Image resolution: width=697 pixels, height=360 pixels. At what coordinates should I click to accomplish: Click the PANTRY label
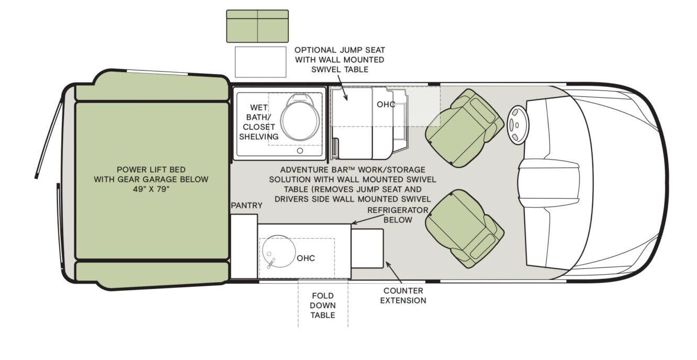point(246,206)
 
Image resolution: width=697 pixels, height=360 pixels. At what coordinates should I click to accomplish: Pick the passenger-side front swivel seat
point(464,229)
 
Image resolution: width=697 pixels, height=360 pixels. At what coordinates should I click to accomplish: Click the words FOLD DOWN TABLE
point(322,306)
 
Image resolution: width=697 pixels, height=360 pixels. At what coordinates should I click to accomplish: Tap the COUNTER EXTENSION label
point(403,296)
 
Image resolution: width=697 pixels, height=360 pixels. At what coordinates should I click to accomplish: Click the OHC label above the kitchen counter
point(306,258)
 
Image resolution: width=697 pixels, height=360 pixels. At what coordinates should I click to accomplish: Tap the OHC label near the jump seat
point(386,104)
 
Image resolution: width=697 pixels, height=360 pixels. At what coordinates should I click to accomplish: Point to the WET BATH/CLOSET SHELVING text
point(258,122)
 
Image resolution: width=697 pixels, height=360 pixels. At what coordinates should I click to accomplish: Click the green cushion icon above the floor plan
point(257,26)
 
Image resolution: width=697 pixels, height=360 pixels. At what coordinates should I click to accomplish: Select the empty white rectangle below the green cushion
point(261,62)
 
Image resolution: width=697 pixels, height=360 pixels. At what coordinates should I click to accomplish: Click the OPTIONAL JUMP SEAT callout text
point(340,60)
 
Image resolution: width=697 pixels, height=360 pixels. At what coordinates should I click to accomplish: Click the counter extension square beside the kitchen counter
point(367,248)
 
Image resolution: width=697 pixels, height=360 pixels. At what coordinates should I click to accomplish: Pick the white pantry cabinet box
point(244,246)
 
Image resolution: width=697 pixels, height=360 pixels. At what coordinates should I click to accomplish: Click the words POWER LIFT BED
point(151,170)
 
